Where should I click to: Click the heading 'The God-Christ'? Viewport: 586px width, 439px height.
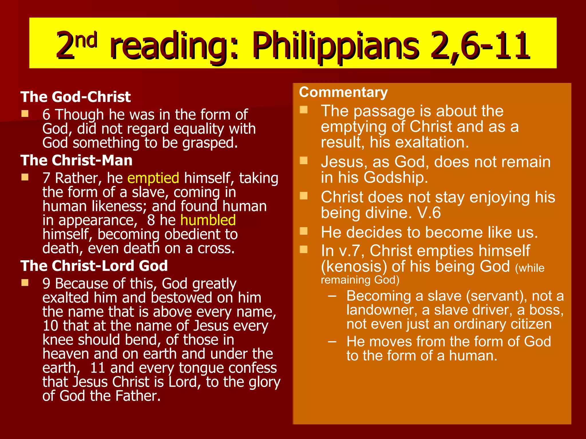pyautogui.click(x=76, y=97)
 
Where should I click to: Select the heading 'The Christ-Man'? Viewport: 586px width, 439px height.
pyautogui.click(x=76, y=160)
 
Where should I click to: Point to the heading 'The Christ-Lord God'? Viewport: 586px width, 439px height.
pyautogui.click(x=94, y=266)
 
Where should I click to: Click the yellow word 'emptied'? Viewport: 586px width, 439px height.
pyautogui.click(x=153, y=178)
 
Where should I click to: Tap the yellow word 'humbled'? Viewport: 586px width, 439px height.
pyautogui.click(x=208, y=220)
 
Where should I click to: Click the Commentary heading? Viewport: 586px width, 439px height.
pyautogui.click(x=343, y=92)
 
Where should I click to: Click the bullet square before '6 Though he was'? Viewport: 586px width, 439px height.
pyautogui.click(x=25, y=114)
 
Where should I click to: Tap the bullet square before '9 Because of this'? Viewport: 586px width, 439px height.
pyautogui.click(x=25, y=283)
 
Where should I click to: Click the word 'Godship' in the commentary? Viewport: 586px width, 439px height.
pyautogui.click(x=395, y=177)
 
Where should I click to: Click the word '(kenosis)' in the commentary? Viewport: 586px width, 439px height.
pyautogui.click(x=354, y=267)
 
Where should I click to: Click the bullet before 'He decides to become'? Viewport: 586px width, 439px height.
pyautogui.click(x=304, y=231)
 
